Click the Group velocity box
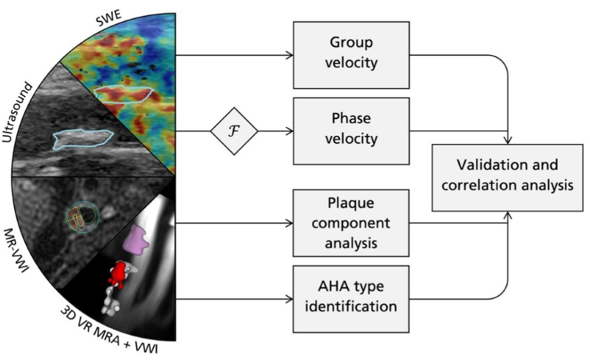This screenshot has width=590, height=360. coord(351,54)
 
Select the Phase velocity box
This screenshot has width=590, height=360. coord(351,131)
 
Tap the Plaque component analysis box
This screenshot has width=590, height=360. coord(351,223)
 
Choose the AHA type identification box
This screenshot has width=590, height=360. coord(351,298)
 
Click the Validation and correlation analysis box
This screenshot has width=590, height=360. coord(508,177)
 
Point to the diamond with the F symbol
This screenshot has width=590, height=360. coord(234,131)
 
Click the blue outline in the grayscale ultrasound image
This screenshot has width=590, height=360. coord(83,139)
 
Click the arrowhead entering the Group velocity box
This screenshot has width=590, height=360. coord(290,55)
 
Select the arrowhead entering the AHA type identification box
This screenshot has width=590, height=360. coord(290,299)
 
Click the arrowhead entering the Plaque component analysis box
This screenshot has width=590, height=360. coord(290,223)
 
